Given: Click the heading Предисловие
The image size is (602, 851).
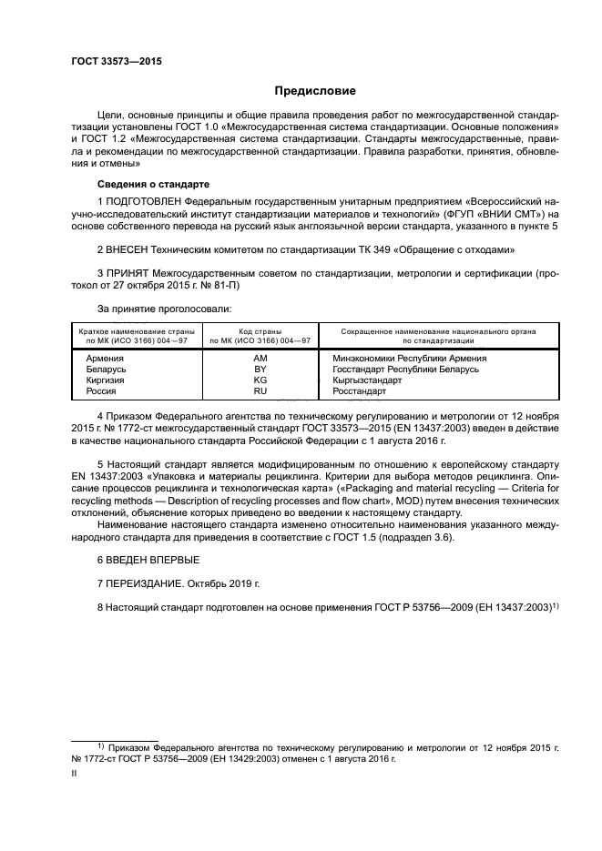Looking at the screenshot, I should tap(315, 91).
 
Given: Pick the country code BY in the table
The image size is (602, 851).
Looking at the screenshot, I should tap(260, 370).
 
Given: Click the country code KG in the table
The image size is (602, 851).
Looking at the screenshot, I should tap(260, 380).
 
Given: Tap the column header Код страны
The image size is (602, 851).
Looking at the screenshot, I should tap(260, 331).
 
